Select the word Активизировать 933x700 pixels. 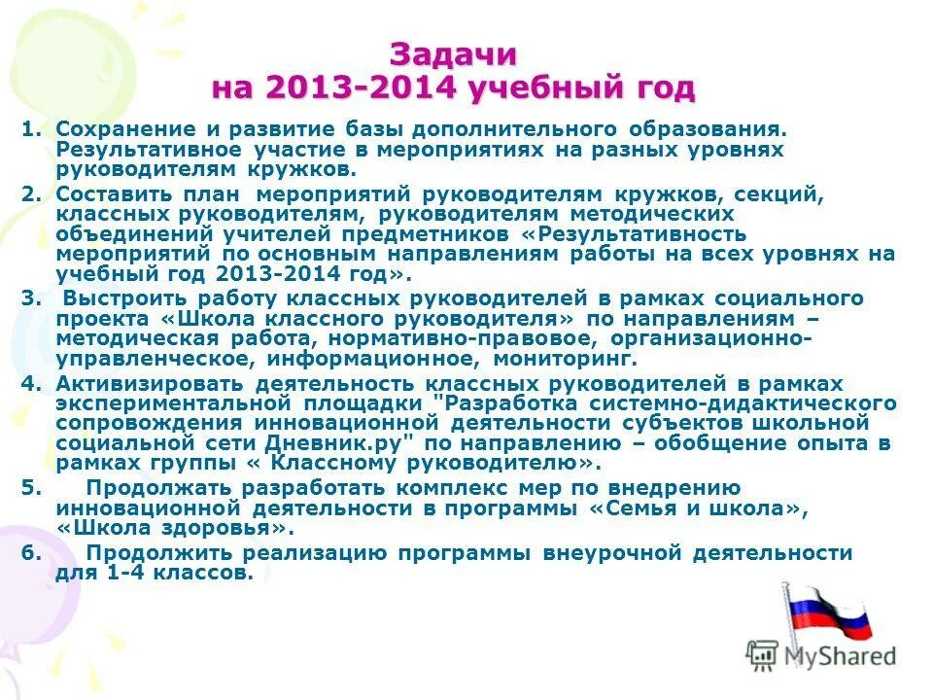[x=146, y=383]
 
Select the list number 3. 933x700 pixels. [x=29, y=297]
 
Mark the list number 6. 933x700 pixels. [x=29, y=552]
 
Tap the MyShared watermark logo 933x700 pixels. [x=822, y=656]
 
